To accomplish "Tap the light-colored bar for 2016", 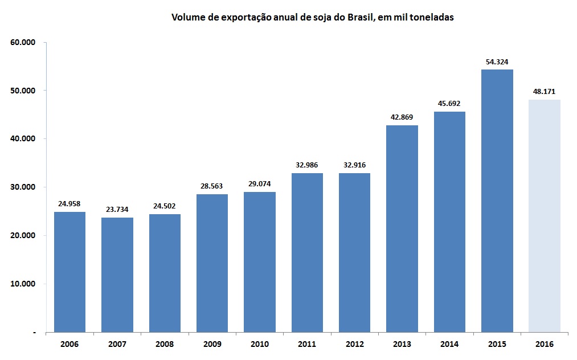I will coord(544,216).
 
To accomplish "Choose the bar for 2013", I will coord(402,228).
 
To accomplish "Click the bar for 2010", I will coord(259,262).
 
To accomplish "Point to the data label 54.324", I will coord(497,62).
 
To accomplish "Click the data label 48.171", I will coord(544,91).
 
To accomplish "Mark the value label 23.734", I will coord(117,210).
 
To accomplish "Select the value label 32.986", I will coord(306,165).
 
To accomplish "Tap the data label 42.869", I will coord(402,117).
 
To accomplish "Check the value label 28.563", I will coord(212,186).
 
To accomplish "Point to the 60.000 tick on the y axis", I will coord(23,42).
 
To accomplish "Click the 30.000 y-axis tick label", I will coord(23,187).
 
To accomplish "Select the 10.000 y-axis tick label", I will coord(23,284).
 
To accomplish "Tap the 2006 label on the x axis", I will coord(69,345).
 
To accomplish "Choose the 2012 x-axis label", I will coord(354,345).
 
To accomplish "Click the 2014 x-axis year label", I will coord(449,345).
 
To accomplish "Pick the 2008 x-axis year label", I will coord(165,345).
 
